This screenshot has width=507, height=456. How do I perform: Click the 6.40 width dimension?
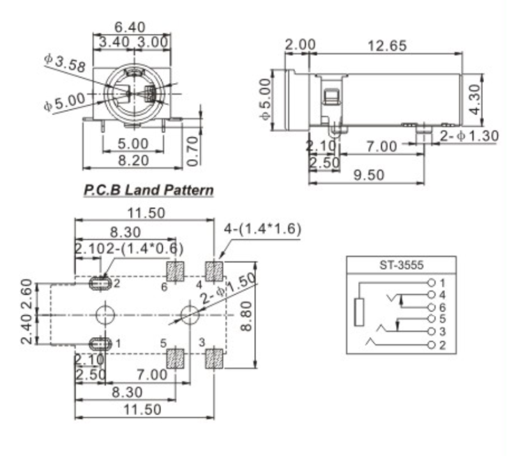pos(130,27)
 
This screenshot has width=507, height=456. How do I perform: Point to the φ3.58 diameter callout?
pos(64,63)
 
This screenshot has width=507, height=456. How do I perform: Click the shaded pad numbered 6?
pos(175,271)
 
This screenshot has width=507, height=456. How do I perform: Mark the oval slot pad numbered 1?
pos(100,343)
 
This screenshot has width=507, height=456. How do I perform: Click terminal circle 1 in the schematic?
pos(433,282)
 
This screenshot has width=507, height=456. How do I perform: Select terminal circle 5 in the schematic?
pos(433,318)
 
